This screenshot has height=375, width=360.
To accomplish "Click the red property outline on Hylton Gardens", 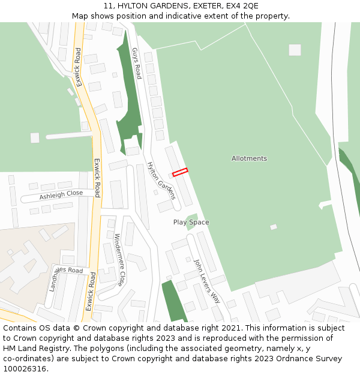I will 180,172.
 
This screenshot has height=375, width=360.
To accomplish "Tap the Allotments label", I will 249,158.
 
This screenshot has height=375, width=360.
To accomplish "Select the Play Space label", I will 191,222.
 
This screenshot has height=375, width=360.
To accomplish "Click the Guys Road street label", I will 136,63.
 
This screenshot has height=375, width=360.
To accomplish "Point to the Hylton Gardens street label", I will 161,180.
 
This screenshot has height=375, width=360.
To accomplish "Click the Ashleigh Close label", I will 61,195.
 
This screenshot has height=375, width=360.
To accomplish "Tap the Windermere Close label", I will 120,259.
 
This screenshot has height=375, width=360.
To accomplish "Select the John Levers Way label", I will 207,281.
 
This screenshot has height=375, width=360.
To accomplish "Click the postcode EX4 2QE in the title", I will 242,5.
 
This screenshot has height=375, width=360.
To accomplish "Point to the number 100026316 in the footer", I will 25,368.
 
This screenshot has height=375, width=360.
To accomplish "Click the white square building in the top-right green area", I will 295,50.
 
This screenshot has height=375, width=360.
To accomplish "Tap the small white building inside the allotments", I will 274,227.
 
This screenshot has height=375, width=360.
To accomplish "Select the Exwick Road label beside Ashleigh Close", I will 97,178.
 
